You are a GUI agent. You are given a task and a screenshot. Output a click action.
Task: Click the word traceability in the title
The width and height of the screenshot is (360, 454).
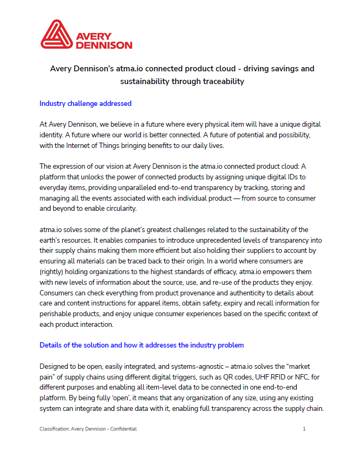(x=222, y=81)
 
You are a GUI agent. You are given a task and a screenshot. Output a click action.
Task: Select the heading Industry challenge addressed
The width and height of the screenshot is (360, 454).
(x=86, y=103)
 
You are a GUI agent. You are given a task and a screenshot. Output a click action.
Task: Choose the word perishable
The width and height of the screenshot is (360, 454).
(x=58, y=314)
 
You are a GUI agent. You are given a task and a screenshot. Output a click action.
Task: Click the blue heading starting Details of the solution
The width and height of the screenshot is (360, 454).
(x=141, y=345)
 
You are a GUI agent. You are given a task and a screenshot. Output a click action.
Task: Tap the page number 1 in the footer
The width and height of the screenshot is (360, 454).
(x=304, y=428)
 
